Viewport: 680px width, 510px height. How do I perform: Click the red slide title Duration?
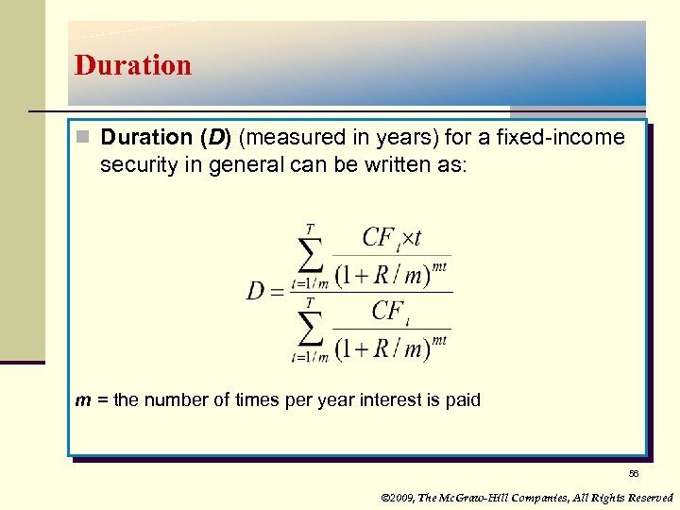tap(133, 65)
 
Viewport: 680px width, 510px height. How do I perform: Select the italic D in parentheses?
tap(219, 138)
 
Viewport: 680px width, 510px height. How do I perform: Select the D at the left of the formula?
tap(256, 291)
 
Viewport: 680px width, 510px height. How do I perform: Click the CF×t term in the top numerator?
tap(391, 237)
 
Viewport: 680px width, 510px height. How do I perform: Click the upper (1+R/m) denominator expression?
tap(390, 273)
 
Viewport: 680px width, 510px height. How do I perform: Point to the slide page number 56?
tap(633, 473)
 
